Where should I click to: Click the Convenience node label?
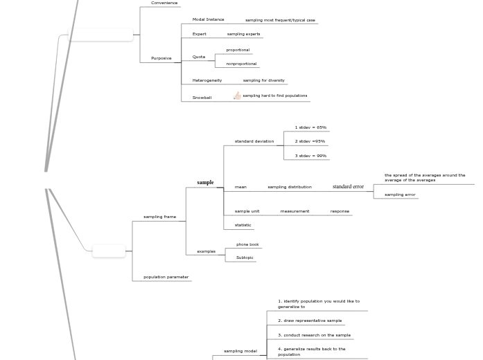pyautogui.click(x=164, y=3)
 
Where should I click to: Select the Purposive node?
pyautogui.click(x=161, y=58)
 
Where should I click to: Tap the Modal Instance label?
pyautogui.click(x=208, y=19)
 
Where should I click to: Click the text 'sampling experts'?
pyautogui.click(x=243, y=34)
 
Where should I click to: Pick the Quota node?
pyautogui.click(x=199, y=57)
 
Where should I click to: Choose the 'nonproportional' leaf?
pyautogui.click(x=241, y=64)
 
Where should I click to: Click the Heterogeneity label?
pyautogui.click(x=207, y=80)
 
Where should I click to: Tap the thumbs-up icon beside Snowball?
pyautogui.click(x=237, y=96)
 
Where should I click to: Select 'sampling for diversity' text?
pyautogui.click(x=263, y=80)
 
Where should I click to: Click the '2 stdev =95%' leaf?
pyautogui.click(x=310, y=141)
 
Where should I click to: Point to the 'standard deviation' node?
pyautogui.click(x=254, y=141)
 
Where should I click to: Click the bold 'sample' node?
pyautogui.click(x=205, y=183)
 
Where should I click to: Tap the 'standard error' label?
pyautogui.click(x=348, y=187)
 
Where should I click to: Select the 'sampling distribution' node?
pyautogui.click(x=290, y=187)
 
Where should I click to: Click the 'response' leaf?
pyautogui.click(x=340, y=211)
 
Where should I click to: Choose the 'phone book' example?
pyautogui.click(x=247, y=244)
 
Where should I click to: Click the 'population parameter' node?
pyautogui.click(x=166, y=277)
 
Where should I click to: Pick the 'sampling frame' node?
pyautogui.click(x=159, y=217)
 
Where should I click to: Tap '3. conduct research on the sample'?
pyautogui.click(x=314, y=335)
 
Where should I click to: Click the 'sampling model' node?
pyautogui.click(x=240, y=351)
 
